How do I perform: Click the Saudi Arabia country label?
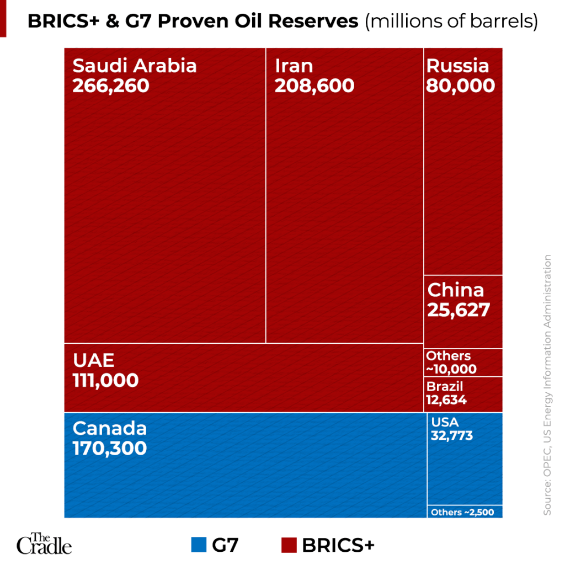click(x=135, y=66)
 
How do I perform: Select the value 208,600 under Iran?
click(x=315, y=86)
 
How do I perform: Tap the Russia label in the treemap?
click(x=457, y=66)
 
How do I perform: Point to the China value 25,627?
click(x=459, y=310)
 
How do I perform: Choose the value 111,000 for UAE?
click(x=105, y=380)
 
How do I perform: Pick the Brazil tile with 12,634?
click(x=463, y=393)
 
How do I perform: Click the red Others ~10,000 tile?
click(x=463, y=363)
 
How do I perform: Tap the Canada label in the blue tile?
click(x=110, y=428)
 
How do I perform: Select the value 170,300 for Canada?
click(x=110, y=448)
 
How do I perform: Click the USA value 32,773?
click(x=452, y=435)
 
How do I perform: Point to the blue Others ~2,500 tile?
click(x=465, y=512)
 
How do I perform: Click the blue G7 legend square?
click(x=199, y=545)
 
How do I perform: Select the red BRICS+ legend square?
click(x=289, y=545)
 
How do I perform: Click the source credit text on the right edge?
click(x=547, y=385)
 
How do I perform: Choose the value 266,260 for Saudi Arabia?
click(x=111, y=86)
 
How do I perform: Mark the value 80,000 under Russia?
click(x=460, y=86)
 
